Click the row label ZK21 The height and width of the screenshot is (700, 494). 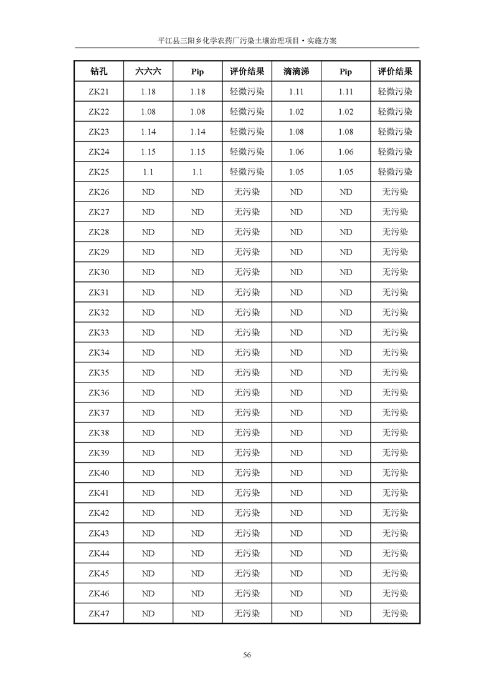click(x=98, y=92)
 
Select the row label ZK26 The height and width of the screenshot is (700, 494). click(x=98, y=192)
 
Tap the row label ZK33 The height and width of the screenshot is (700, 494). click(x=98, y=333)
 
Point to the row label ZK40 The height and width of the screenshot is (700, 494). click(x=98, y=473)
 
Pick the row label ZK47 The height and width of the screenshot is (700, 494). click(x=98, y=613)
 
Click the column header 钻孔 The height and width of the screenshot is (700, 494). click(x=98, y=72)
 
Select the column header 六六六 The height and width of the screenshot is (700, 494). click(x=148, y=72)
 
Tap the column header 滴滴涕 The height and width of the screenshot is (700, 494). click(x=296, y=72)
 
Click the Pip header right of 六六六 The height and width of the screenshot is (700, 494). click(x=197, y=72)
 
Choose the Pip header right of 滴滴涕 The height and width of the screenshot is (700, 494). click(x=346, y=72)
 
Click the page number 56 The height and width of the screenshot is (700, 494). click(x=247, y=654)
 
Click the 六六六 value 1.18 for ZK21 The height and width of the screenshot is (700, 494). click(x=148, y=92)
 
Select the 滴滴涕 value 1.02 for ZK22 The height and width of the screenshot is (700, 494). click(x=296, y=112)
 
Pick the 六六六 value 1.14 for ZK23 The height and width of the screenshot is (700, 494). click(x=148, y=132)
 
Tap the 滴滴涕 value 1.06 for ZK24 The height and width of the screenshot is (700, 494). click(x=296, y=152)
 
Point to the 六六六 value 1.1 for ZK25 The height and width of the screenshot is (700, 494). click(x=148, y=172)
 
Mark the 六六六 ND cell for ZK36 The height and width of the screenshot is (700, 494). click(x=148, y=393)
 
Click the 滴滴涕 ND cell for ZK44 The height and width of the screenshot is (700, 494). click(x=296, y=553)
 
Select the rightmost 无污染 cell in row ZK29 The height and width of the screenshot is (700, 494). click(x=395, y=252)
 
